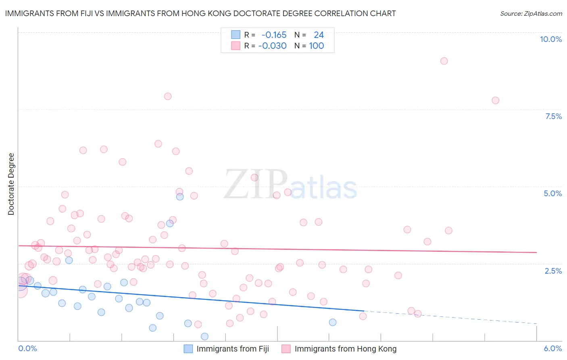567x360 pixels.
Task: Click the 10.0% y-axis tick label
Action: click(550, 39)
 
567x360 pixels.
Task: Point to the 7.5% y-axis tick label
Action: click(553, 116)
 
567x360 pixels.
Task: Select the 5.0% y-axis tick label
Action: click(552, 193)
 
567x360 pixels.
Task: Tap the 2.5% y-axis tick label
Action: click(553, 271)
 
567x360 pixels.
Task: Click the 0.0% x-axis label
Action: click(27, 348)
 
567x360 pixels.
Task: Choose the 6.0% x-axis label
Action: click(552, 348)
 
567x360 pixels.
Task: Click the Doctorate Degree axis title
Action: click(11, 184)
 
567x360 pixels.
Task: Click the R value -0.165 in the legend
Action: click(274, 35)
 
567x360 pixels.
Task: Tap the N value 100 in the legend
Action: click(317, 46)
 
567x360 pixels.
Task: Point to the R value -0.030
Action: click(272, 46)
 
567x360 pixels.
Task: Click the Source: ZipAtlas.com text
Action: click(531, 13)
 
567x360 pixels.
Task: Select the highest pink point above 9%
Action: click(444, 61)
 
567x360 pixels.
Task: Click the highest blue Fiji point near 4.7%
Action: click(180, 197)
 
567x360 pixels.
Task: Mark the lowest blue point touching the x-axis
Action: click(204, 336)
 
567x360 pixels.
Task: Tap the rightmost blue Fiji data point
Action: click(333, 322)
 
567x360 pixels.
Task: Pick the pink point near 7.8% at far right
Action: click(495, 100)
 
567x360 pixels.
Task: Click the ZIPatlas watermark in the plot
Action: click(290, 185)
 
